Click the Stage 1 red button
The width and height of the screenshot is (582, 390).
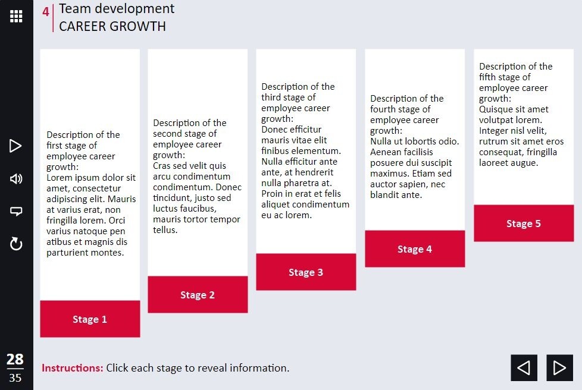(90, 319)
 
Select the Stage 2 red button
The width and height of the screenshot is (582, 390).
(198, 294)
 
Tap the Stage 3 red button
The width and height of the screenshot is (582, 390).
(306, 272)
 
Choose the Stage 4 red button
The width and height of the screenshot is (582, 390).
(415, 249)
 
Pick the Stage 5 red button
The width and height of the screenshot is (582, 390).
(524, 223)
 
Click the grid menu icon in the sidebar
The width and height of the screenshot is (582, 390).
(16, 16)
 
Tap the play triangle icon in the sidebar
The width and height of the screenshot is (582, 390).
(15, 146)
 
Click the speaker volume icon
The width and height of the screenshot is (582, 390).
(16, 179)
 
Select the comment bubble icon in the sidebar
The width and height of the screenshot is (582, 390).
(16, 211)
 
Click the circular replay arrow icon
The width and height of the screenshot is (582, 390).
(16, 244)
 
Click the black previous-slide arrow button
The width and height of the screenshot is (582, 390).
(524, 368)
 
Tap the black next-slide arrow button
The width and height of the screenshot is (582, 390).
(559, 368)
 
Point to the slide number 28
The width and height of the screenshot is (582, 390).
(15, 359)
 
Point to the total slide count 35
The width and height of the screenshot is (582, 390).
(15, 378)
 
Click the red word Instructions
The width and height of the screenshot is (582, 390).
(73, 368)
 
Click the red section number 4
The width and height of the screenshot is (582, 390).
(46, 12)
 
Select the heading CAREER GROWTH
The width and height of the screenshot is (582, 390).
(112, 26)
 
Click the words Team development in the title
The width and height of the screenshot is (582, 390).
(117, 8)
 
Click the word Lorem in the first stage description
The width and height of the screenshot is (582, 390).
(59, 178)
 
